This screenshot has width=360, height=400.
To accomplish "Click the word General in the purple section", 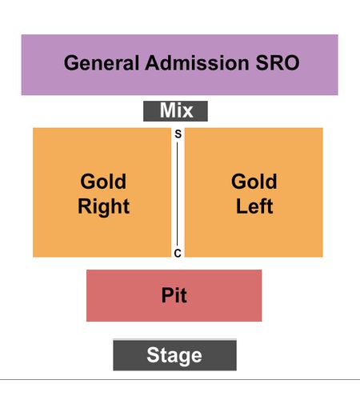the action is pyautogui.click(x=102, y=63).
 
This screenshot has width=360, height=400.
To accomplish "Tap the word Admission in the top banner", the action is pyautogui.click(x=197, y=63).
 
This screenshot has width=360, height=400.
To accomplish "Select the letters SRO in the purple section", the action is pyautogui.click(x=278, y=63).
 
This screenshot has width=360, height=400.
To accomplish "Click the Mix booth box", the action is pyautogui.click(x=175, y=111).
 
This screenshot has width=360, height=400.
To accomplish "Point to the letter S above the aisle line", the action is pyautogui.click(x=178, y=134).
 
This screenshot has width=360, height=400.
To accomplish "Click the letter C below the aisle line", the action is pyautogui.click(x=178, y=253).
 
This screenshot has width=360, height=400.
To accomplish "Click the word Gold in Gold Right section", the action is pyautogui.click(x=103, y=182).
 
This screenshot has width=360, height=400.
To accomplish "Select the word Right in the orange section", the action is pyautogui.click(x=103, y=206).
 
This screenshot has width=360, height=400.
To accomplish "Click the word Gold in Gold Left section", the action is pyautogui.click(x=254, y=182).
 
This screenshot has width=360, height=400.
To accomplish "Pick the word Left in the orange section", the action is pyautogui.click(x=254, y=206).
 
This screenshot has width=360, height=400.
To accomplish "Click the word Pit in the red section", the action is pyautogui.click(x=174, y=295).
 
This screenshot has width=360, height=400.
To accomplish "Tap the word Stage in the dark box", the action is pyautogui.click(x=174, y=355).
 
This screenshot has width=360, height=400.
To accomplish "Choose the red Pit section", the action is pyautogui.click(x=174, y=295).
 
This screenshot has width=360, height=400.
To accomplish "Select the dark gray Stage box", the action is pyautogui.click(x=174, y=355).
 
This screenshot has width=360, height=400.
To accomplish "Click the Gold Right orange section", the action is pyautogui.click(x=102, y=193).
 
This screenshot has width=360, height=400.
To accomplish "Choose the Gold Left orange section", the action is pyautogui.click(x=254, y=193).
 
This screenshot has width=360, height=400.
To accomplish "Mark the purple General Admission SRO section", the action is pyautogui.click(x=180, y=65).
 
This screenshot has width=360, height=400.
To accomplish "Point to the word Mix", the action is pyautogui.click(x=176, y=110).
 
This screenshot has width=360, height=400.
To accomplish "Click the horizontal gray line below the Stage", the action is pyautogui.click(x=180, y=379).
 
